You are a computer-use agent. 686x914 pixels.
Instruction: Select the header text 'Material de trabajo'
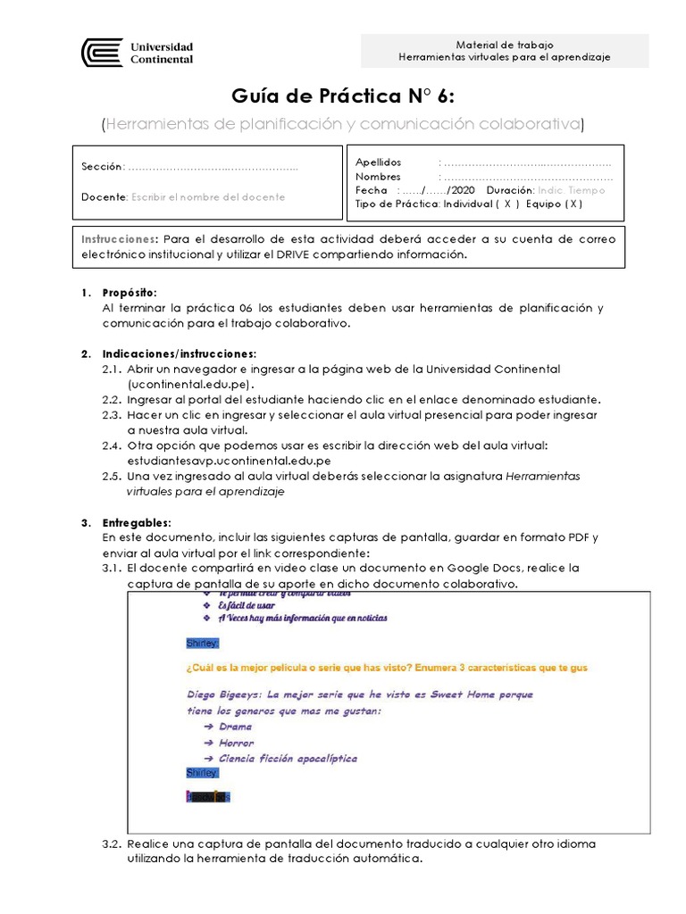coord(505,44)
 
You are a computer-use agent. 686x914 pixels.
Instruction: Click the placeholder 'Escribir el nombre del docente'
coord(208,196)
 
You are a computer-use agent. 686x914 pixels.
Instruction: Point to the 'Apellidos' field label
coord(379,162)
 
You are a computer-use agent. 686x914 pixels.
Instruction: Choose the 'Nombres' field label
coord(378,177)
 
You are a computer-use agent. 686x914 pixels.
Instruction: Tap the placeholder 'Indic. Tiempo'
coord(572,190)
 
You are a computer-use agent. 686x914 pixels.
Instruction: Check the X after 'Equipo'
coord(574,204)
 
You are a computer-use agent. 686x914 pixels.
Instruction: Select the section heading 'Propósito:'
coord(130,293)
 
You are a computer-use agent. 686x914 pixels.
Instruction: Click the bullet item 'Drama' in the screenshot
coord(235,727)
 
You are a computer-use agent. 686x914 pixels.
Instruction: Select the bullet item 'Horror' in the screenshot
coord(236,743)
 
